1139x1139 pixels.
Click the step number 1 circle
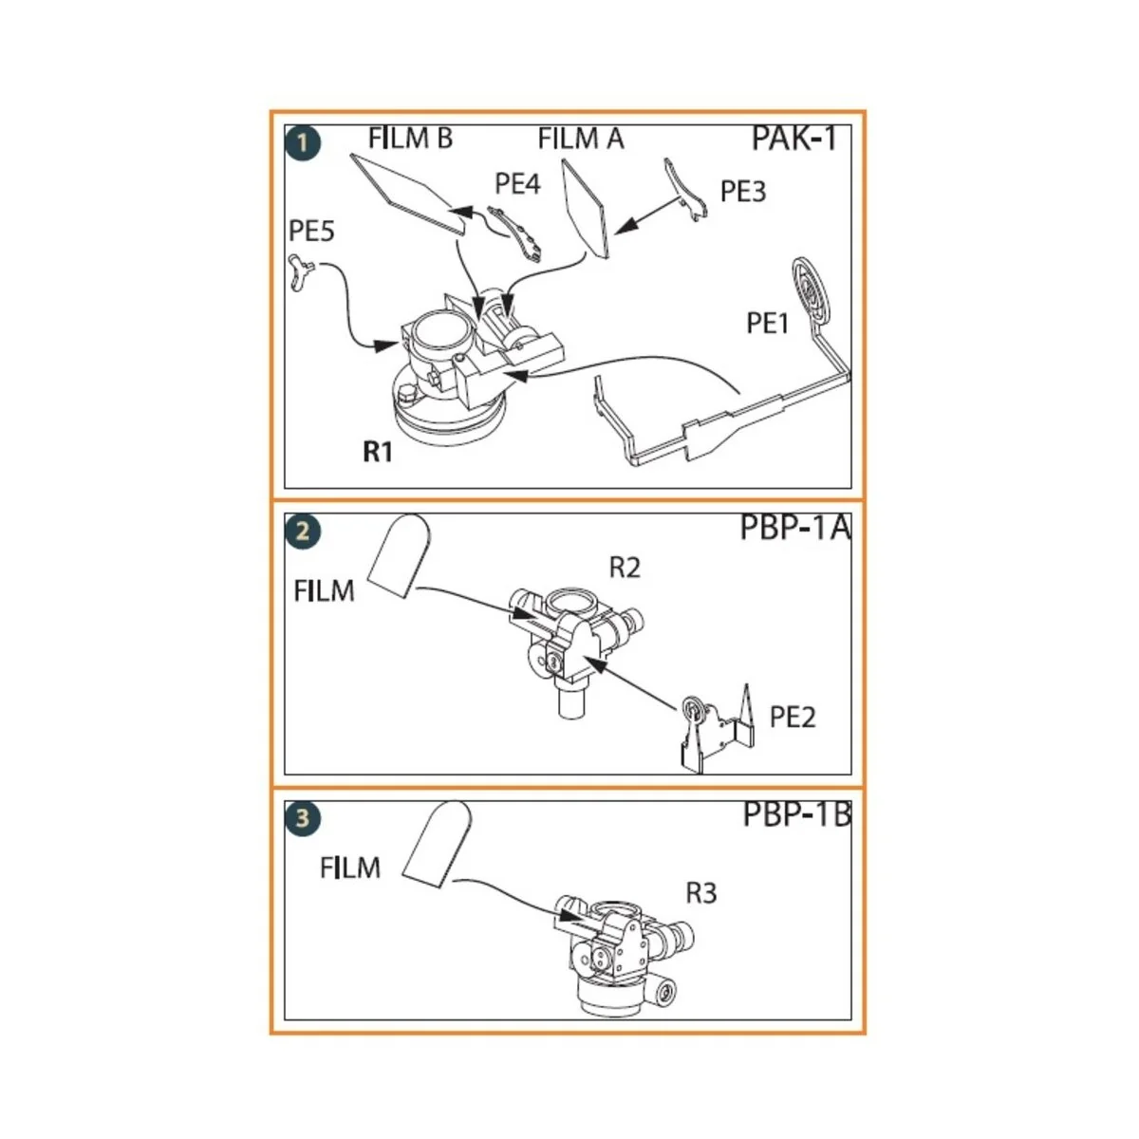point(303,143)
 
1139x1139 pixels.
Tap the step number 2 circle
point(303,531)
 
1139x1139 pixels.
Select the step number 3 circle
point(303,817)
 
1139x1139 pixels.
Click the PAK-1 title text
point(794,140)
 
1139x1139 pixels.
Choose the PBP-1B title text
point(796,815)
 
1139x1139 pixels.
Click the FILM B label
point(410,139)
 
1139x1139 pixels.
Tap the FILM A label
point(580,140)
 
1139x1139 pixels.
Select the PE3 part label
point(742,192)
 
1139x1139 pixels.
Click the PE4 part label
point(517,184)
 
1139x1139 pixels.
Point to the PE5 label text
point(311,232)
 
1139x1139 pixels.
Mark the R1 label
point(378,452)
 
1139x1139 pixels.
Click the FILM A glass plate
point(585,208)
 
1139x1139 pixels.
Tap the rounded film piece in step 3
point(437,844)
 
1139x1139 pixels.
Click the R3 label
point(700,893)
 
